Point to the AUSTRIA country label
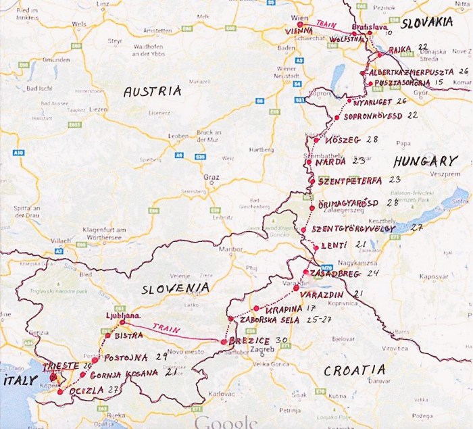(152, 91)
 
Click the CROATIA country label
(354, 370)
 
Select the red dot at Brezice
(224, 342)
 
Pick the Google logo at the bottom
(226, 422)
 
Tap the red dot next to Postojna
(95, 360)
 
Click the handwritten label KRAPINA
(280, 307)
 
